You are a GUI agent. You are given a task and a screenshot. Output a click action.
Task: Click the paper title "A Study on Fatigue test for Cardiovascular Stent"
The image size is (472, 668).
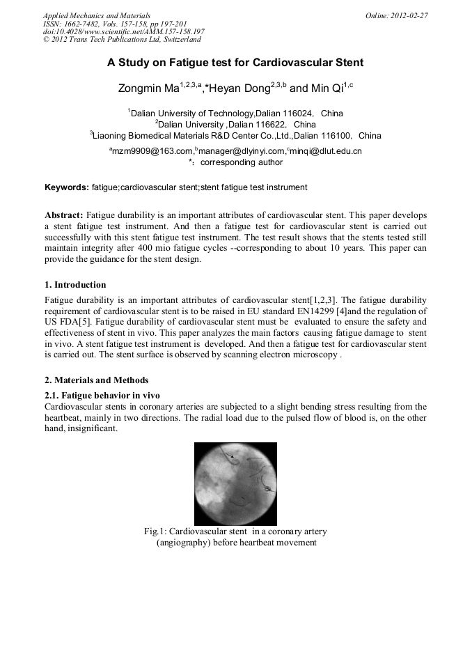click(x=235, y=63)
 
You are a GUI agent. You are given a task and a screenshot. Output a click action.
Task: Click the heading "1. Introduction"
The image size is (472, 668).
click(x=75, y=285)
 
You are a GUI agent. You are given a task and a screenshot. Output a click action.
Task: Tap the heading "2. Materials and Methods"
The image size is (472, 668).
click(x=96, y=380)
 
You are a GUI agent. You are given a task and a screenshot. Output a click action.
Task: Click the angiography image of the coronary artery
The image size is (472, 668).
click(x=235, y=484)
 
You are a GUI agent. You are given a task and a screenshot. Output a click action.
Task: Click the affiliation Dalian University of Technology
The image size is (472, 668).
click(x=193, y=113)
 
